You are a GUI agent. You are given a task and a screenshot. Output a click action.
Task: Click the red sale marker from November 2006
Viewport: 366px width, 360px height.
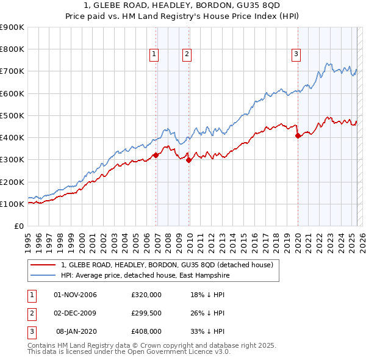click(x=156, y=155)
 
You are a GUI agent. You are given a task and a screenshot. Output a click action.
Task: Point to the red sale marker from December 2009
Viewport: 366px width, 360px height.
click(x=188, y=160)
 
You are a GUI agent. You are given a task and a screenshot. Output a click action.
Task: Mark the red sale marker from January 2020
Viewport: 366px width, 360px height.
click(x=298, y=136)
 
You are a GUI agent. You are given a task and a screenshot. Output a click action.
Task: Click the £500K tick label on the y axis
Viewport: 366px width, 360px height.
click(x=12, y=115)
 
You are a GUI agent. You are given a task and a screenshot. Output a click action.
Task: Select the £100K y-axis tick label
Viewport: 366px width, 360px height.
click(x=12, y=204)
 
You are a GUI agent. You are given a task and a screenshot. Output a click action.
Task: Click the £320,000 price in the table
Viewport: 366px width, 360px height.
click(x=146, y=295)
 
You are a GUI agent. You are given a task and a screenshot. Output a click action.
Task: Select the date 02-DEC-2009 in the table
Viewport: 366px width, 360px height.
click(x=76, y=313)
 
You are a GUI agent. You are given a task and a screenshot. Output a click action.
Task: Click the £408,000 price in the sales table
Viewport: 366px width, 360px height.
click(x=146, y=331)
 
